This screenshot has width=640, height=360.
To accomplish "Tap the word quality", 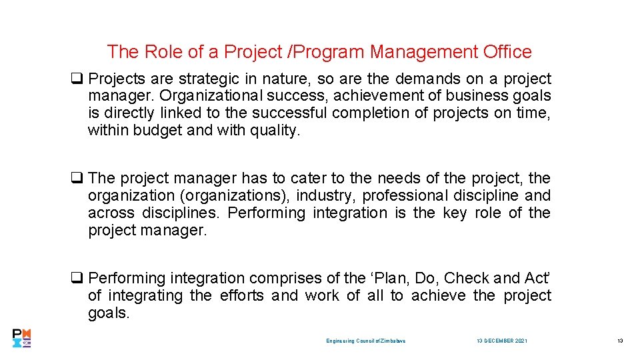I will [275, 131].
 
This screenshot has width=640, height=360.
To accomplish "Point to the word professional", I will [406, 195].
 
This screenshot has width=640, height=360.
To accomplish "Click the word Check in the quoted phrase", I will [467, 278].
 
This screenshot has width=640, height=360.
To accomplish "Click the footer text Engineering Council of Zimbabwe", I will [366, 341].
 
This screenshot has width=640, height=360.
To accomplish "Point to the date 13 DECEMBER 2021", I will [502, 341].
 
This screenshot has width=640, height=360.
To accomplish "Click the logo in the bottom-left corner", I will [21, 338].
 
